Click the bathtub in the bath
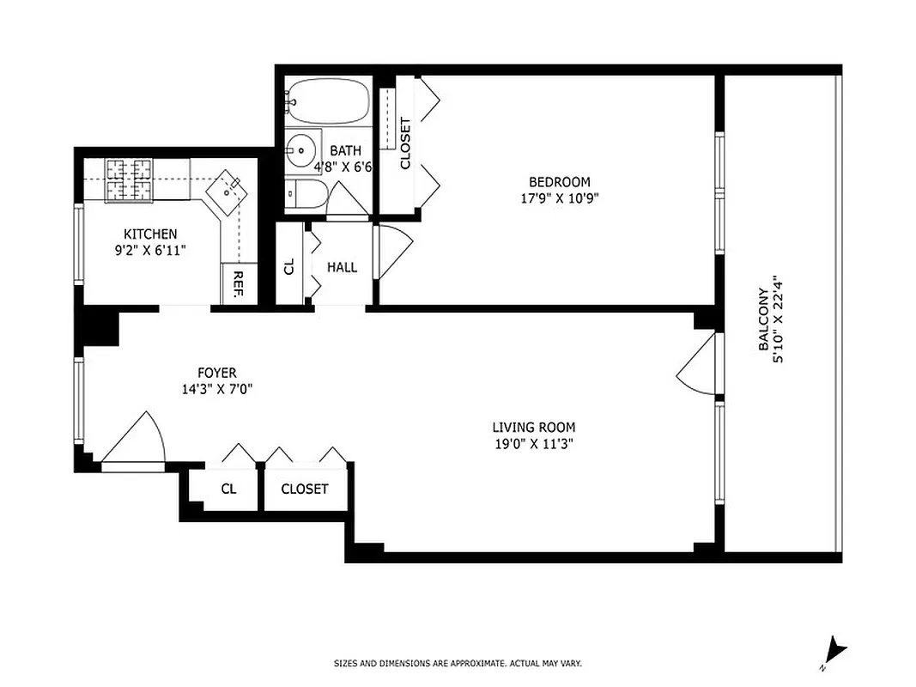click(x=328, y=102)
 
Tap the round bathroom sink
click(x=300, y=150)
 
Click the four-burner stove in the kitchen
click(x=128, y=179)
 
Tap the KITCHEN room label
click(x=150, y=234)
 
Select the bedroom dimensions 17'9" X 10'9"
click(x=560, y=198)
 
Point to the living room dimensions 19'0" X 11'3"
click(x=533, y=444)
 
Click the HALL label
click(x=342, y=267)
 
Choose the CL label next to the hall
click(x=289, y=266)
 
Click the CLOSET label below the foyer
click(x=305, y=489)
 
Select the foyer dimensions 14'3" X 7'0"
click(x=216, y=388)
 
